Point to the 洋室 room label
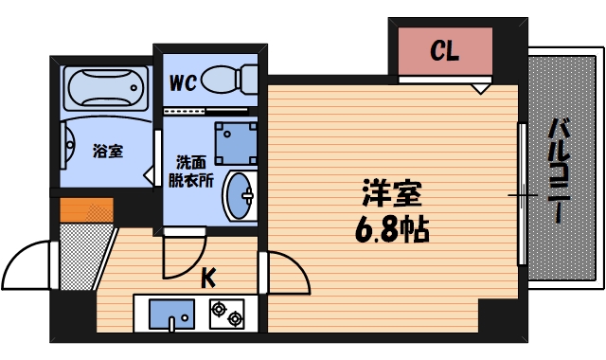[x=391, y=195]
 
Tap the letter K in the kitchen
[x=209, y=278]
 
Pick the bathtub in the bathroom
[x=105, y=90]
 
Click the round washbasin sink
[x=240, y=196]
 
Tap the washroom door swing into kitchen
[x=182, y=256]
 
